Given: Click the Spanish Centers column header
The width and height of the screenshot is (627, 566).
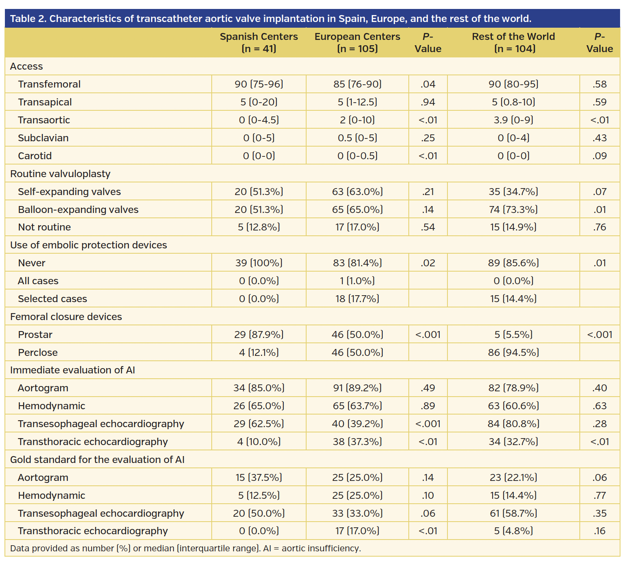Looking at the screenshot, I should point(259,42).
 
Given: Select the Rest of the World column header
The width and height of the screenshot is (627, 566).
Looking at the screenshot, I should point(513,42).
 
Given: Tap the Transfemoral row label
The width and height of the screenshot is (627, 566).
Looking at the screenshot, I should point(49,84).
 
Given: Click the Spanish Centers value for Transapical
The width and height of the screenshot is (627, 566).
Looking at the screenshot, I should point(259,102).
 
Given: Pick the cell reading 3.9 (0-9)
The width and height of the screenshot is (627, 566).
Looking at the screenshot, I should point(513,120).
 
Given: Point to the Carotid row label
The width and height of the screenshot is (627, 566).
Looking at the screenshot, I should point(35,156).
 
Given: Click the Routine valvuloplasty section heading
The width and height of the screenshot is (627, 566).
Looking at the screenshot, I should point(60,174).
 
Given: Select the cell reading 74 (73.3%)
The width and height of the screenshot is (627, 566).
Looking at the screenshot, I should point(513,210).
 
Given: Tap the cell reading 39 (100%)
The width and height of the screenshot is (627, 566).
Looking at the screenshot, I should point(259,263).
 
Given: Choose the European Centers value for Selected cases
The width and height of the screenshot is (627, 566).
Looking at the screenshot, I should point(357,299).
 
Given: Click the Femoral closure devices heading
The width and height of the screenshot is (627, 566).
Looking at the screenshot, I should point(66,317).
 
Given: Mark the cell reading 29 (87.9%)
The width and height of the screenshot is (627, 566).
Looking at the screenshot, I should point(259,335).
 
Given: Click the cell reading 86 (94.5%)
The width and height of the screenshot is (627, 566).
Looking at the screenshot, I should point(513,353).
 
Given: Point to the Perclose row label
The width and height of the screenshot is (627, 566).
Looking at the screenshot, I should point(38,353).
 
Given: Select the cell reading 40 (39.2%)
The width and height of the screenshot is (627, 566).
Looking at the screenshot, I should point(357,424).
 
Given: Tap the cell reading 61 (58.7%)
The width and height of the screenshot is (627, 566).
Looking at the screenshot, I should point(513,513).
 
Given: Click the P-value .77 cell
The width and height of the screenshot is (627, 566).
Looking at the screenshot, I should point(599,496).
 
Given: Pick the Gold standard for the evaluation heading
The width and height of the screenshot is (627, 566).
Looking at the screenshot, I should point(97,460).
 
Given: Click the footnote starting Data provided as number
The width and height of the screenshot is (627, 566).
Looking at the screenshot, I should point(185,548).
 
